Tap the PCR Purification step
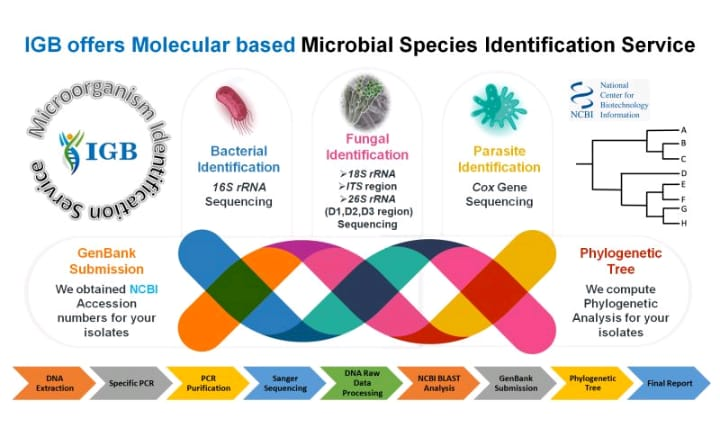[205, 383]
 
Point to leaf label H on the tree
[683, 222]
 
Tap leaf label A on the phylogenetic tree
[683, 131]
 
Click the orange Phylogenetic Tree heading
[620, 261]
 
